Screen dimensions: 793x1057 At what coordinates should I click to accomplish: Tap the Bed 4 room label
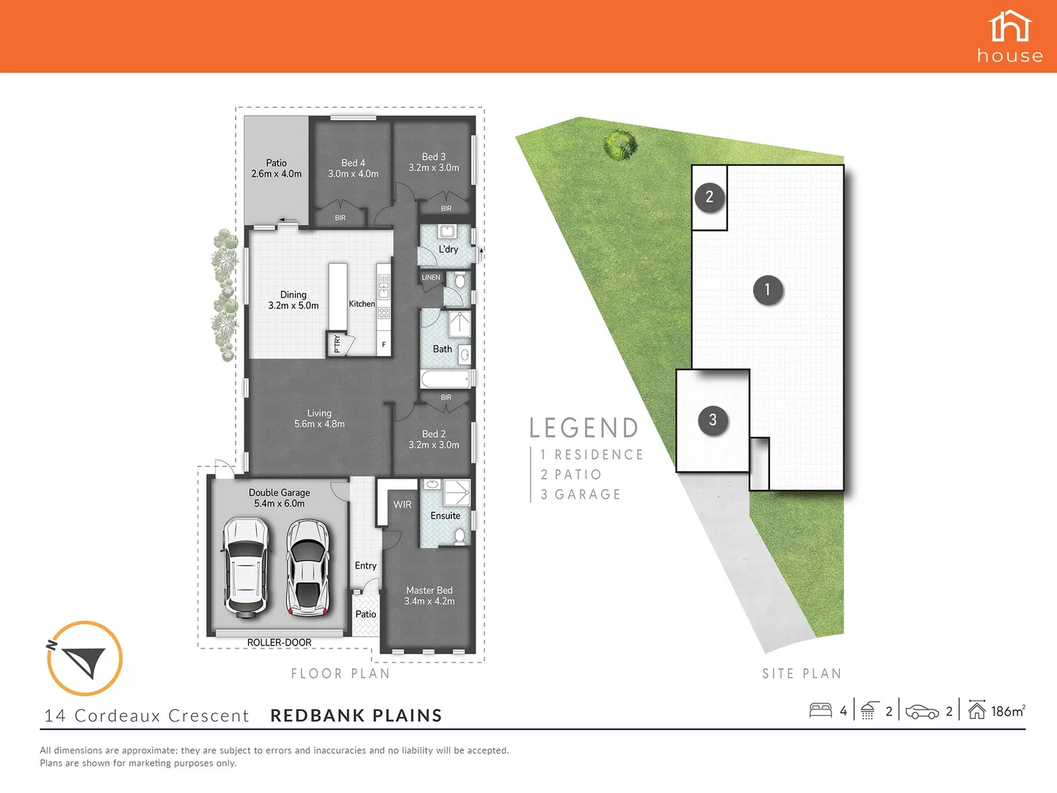coord(353,168)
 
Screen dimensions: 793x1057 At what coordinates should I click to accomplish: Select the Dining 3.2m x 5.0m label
coord(294,300)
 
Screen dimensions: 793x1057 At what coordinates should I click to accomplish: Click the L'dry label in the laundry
coord(448,250)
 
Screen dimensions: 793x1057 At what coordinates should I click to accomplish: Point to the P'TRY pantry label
coord(337,344)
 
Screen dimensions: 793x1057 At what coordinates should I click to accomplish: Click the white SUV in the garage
coord(245,566)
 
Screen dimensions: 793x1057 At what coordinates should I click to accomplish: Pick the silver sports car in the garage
coord(307,568)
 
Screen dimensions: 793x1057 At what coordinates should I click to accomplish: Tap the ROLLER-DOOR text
coord(279,642)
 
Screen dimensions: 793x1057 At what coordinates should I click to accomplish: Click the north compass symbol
coord(84,659)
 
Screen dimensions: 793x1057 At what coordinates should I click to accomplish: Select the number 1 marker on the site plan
coord(768,289)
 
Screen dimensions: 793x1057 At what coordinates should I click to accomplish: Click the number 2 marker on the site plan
coord(709,197)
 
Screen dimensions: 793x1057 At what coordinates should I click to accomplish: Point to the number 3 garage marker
coord(712,420)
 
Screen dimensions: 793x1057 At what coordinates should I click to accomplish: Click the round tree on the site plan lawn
coord(619,144)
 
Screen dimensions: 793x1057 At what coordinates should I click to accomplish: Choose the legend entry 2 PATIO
coord(571,475)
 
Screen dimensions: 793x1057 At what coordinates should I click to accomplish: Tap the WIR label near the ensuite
coord(402,504)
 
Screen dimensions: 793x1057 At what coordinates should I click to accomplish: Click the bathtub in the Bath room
coord(445,379)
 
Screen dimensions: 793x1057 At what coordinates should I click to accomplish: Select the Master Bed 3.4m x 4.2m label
coord(429,595)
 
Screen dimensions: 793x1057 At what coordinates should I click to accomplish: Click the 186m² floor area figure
coord(1007,711)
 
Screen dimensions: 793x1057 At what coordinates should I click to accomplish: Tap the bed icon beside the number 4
coord(820,711)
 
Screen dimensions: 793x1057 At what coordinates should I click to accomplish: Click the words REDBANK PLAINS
coord(356,716)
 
